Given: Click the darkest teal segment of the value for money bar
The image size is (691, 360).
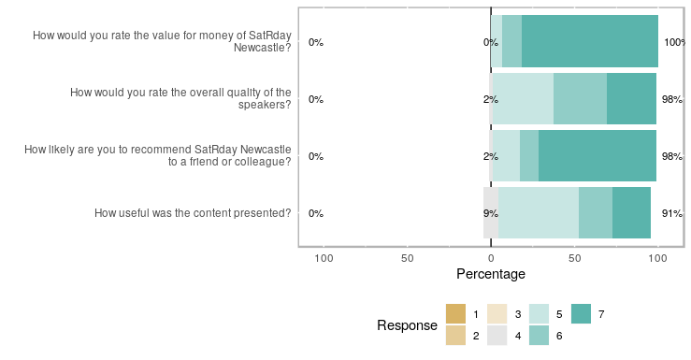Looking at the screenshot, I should pyautogui.click(x=589, y=42).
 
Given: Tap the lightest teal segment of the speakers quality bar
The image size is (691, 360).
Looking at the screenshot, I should pyautogui.click(x=523, y=99).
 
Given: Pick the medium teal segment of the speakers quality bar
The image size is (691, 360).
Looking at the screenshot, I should pyautogui.click(x=580, y=99).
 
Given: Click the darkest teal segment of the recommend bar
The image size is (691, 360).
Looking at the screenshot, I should pyautogui.click(x=597, y=156).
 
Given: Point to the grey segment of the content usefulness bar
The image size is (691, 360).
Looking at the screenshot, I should pyautogui.click(x=491, y=213).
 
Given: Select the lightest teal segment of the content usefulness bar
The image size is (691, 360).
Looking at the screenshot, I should pyautogui.click(x=539, y=213).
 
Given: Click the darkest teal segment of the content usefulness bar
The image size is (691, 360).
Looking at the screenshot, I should pyautogui.click(x=631, y=213).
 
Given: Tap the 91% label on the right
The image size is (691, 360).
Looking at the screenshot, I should pyautogui.click(x=671, y=213).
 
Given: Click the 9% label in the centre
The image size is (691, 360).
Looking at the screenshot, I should pyautogui.click(x=476, y=213).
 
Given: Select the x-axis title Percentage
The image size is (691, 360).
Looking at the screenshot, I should pyautogui.click(x=490, y=275).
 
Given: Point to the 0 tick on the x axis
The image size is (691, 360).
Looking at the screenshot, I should pyautogui.click(x=490, y=257).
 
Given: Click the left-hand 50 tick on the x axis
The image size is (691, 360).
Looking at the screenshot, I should pyautogui.click(x=407, y=257).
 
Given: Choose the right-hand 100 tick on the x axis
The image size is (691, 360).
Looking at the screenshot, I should pyautogui.click(x=657, y=257).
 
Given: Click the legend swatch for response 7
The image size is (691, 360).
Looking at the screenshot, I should pyautogui.click(x=581, y=314).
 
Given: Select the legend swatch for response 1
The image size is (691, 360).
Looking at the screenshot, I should pyautogui.click(x=456, y=314).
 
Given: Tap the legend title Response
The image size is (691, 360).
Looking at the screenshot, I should pyautogui.click(x=407, y=325).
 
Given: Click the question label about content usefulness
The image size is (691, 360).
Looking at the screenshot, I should pyautogui.click(x=193, y=213).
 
